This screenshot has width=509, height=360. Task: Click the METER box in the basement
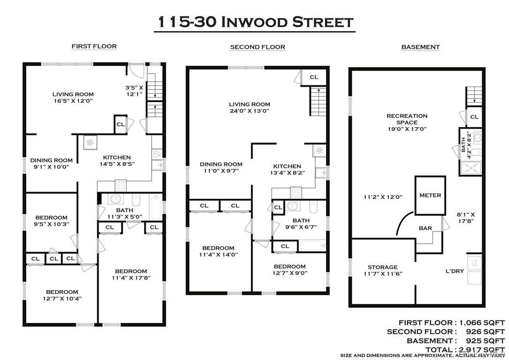point(430,195)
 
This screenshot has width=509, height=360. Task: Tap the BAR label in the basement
point(425,228)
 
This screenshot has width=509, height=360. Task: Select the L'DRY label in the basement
point(455,271)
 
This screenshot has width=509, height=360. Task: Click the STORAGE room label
point(383,267)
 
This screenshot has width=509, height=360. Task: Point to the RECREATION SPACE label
point(407,119)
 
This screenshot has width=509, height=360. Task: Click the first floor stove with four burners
point(121,186)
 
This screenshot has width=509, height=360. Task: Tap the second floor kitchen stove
point(296,193)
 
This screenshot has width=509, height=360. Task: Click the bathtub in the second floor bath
point(312,245)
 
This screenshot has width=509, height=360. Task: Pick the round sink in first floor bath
point(115,198)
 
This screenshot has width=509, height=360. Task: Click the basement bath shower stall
point(471,168)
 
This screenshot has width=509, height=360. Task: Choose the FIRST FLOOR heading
point(94,46)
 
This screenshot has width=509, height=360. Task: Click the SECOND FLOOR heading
point(258,47)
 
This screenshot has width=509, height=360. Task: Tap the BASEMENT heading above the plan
point(420,47)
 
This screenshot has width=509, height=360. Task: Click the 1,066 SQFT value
point(482,322)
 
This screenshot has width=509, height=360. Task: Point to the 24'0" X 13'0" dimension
point(249,111)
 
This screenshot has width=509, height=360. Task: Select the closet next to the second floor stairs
point(313,77)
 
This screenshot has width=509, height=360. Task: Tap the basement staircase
point(474,96)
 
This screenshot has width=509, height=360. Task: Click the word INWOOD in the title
point(254,22)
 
